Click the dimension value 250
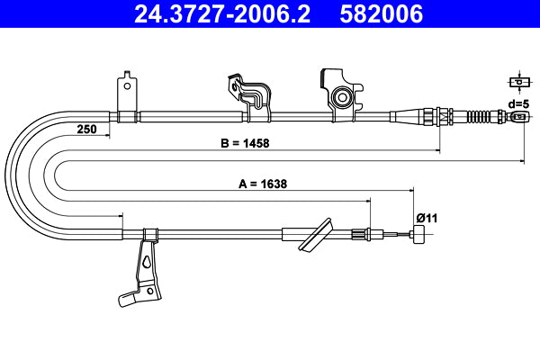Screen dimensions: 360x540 86,129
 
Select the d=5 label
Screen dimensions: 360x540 517,103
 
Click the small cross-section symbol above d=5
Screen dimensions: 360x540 517,82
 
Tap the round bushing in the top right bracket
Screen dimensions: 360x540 341,96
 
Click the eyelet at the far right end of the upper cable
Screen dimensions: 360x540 519,116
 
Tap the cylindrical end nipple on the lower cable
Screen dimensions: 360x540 418,236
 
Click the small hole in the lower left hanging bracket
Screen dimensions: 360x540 143,264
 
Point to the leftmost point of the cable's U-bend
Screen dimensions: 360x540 6,175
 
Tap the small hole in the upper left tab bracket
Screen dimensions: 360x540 128,87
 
